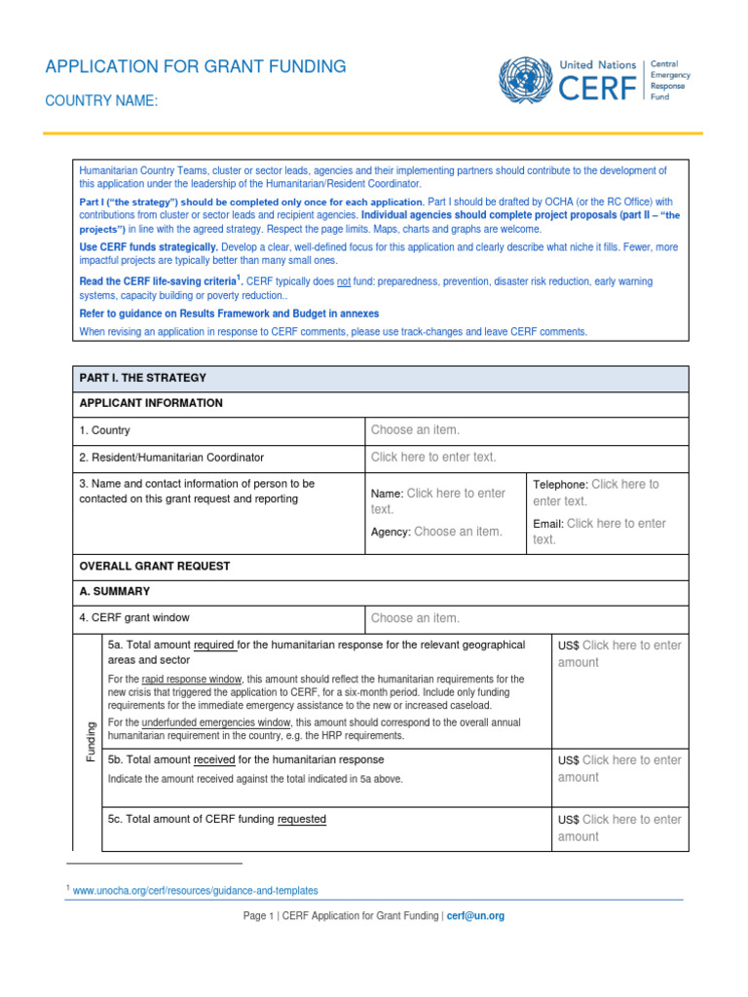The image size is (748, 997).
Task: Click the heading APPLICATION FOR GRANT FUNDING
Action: (x=196, y=66)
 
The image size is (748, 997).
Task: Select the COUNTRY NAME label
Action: (x=101, y=101)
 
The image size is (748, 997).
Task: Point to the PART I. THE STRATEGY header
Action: (x=142, y=378)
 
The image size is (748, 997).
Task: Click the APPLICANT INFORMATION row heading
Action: (x=150, y=403)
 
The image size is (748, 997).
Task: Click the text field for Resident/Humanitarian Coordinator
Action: (x=433, y=457)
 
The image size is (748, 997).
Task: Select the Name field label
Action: (x=387, y=494)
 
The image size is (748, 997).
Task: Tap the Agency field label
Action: (x=391, y=532)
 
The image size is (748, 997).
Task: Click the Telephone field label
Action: (x=560, y=484)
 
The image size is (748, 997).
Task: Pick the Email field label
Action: (x=547, y=524)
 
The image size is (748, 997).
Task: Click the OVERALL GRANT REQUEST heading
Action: (x=154, y=566)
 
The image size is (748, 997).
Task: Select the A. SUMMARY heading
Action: (x=114, y=591)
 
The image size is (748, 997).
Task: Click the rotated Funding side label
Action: (x=91, y=741)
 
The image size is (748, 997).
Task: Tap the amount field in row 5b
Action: (x=619, y=768)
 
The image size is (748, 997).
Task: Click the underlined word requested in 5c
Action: (x=302, y=819)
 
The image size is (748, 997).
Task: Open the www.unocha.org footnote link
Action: (x=195, y=890)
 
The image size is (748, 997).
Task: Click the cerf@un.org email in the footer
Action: (x=475, y=915)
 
